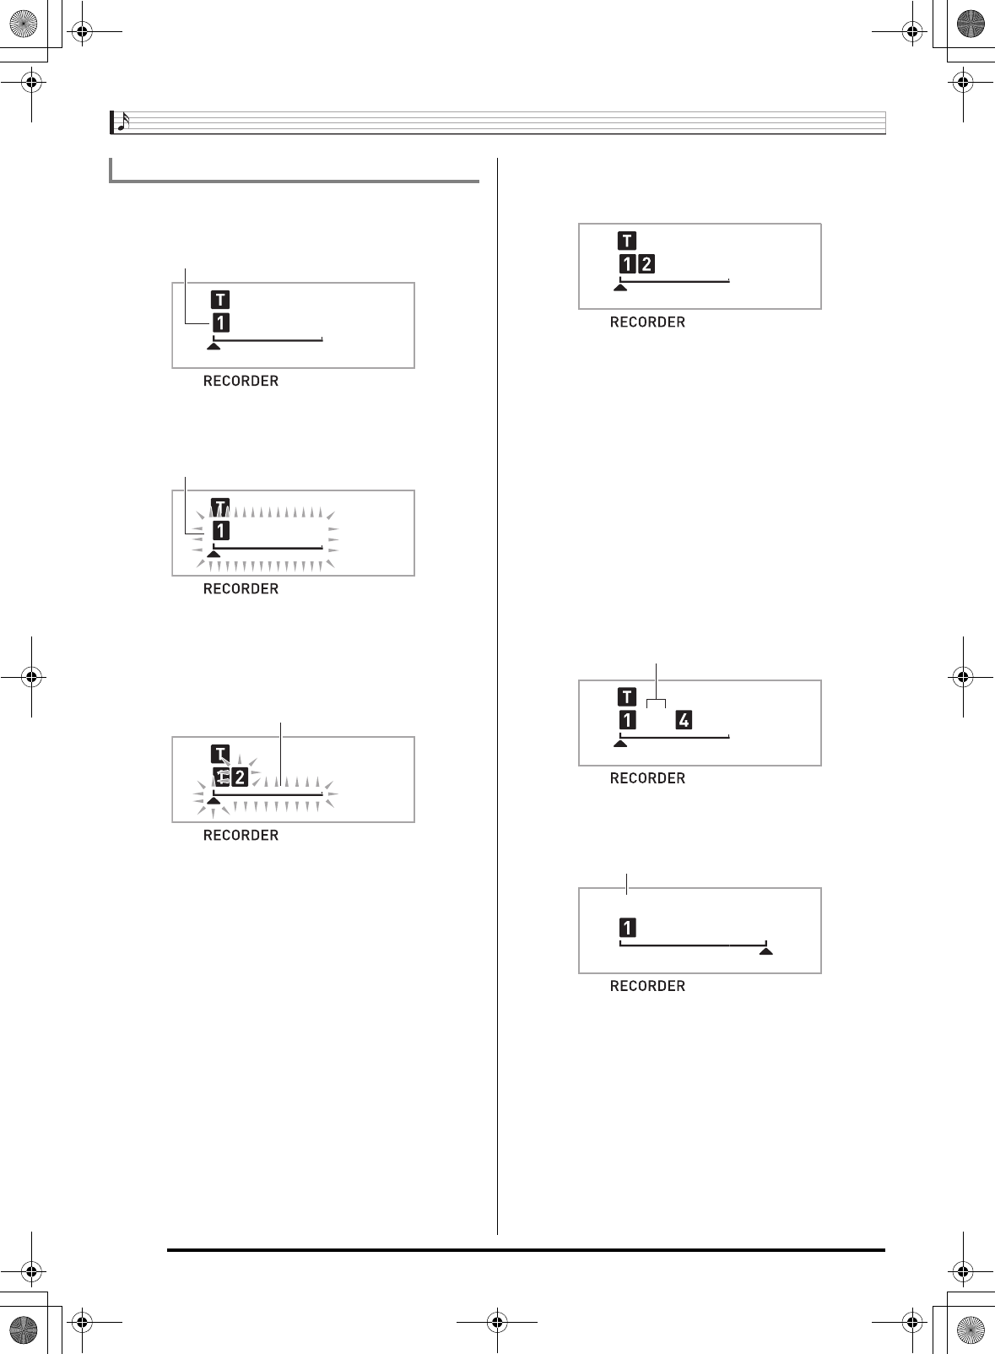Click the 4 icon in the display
(684, 720)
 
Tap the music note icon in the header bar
(122, 122)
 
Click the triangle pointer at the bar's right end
(765, 951)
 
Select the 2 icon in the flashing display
(240, 777)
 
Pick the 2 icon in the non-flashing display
(646, 264)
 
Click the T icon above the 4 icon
(627, 696)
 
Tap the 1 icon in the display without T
(627, 928)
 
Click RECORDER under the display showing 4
(647, 778)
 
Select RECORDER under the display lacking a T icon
(647, 986)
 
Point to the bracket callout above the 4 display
(657, 701)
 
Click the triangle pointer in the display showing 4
(620, 744)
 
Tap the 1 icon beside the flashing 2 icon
(222, 777)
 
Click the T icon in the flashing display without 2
(219, 507)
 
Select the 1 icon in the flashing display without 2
(220, 530)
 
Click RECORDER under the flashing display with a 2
(241, 835)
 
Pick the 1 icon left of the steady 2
(627, 264)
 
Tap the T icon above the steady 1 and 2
(627, 241)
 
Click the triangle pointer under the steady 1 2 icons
(620, 288)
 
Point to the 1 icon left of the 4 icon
(627, 720)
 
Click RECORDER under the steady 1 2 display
(647, 322)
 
